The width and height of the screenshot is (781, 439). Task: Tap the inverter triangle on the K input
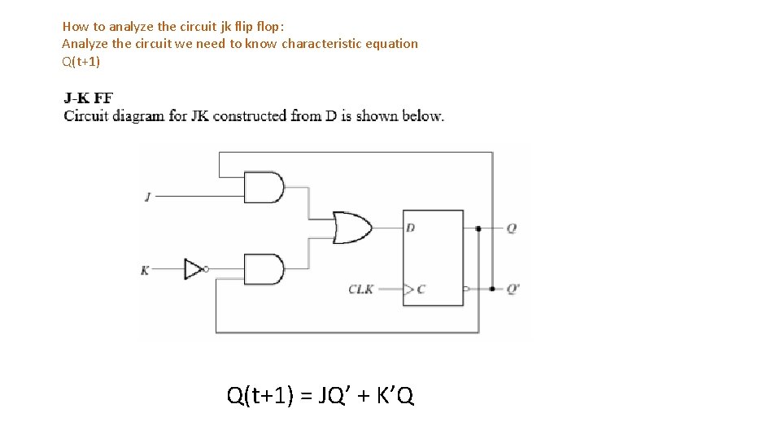coord(194,268)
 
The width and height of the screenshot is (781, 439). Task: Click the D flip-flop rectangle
coord(434,258)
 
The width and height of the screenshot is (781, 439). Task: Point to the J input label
coord(147,197)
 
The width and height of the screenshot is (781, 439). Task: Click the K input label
coord(145,270)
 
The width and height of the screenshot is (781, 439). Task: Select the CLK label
coord(361,289)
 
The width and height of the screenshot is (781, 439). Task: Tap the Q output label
coord(511,228)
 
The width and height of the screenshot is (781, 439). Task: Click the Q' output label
coord(513,289)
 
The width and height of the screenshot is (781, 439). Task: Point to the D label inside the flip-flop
coord(411,228)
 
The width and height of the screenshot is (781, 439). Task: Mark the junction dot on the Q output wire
coord(478,228)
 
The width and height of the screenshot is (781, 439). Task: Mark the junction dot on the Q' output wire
coord(492,289)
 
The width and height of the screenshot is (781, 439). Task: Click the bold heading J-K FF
coord(89,98)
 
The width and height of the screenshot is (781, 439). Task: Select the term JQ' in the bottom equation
coord(330,396)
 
